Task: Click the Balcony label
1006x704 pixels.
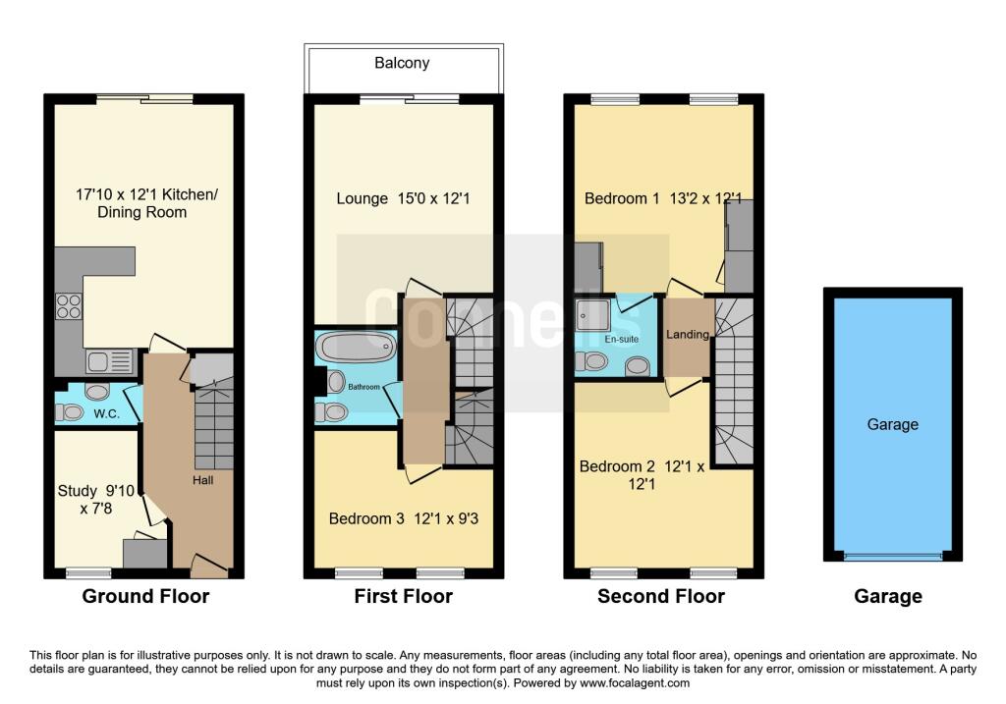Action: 402,63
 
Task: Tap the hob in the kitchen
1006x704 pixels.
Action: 69,307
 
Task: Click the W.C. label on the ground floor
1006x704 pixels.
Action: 106,414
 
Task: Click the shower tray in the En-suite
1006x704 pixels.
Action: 593,316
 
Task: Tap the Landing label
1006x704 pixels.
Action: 687,335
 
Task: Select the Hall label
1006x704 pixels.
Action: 203,480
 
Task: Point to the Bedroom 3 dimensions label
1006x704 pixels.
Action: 403,518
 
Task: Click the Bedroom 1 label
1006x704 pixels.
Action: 662,198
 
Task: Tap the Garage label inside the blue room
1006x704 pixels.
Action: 892,424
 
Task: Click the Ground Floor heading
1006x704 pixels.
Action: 145,596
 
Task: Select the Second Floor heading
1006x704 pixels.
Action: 661,596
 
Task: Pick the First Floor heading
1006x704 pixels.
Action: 404,596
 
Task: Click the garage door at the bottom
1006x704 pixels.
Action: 892,557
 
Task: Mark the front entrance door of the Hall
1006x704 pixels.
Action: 207,565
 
